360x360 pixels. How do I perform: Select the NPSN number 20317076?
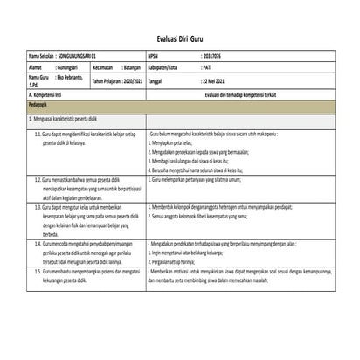pyautogui.click(x=214, y=54)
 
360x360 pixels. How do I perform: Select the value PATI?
pyautogui.click(x=210, y=66)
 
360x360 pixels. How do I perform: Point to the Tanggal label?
pyautogui.click(x=157, y=79)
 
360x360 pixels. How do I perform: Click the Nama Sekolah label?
pyautogui.click(x=41, y=54)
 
